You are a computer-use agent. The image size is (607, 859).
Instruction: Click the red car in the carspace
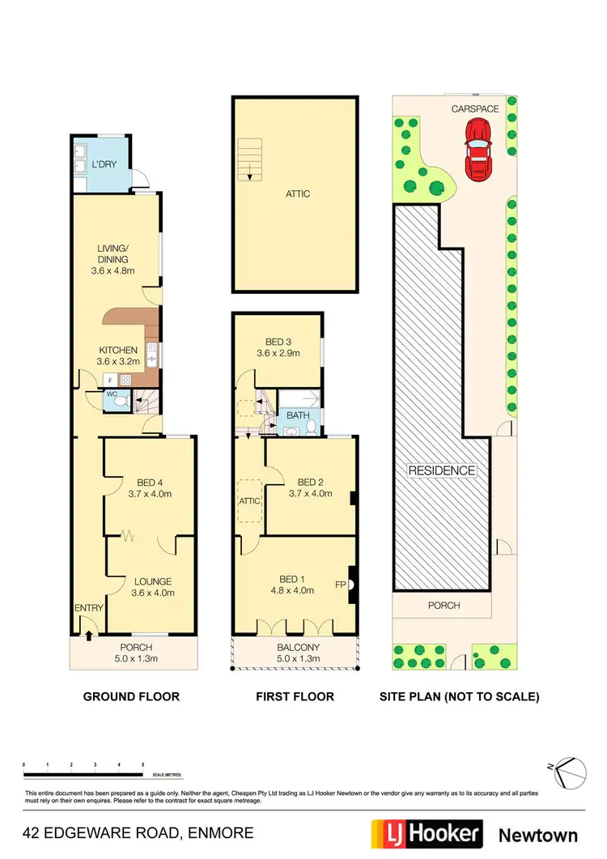478,150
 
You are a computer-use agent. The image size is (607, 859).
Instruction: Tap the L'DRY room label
104,164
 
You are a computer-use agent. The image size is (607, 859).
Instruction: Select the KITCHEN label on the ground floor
117,351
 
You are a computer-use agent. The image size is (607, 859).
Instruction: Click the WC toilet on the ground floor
120,399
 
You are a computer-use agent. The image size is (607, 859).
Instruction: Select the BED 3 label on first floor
278,342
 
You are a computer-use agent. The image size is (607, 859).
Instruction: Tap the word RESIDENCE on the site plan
442,470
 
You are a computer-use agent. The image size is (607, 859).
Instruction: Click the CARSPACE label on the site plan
475,108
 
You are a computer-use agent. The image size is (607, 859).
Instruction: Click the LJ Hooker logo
426,834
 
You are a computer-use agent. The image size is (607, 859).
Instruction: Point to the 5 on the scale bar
142,764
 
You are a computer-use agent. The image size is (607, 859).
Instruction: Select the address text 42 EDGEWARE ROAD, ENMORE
138,832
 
